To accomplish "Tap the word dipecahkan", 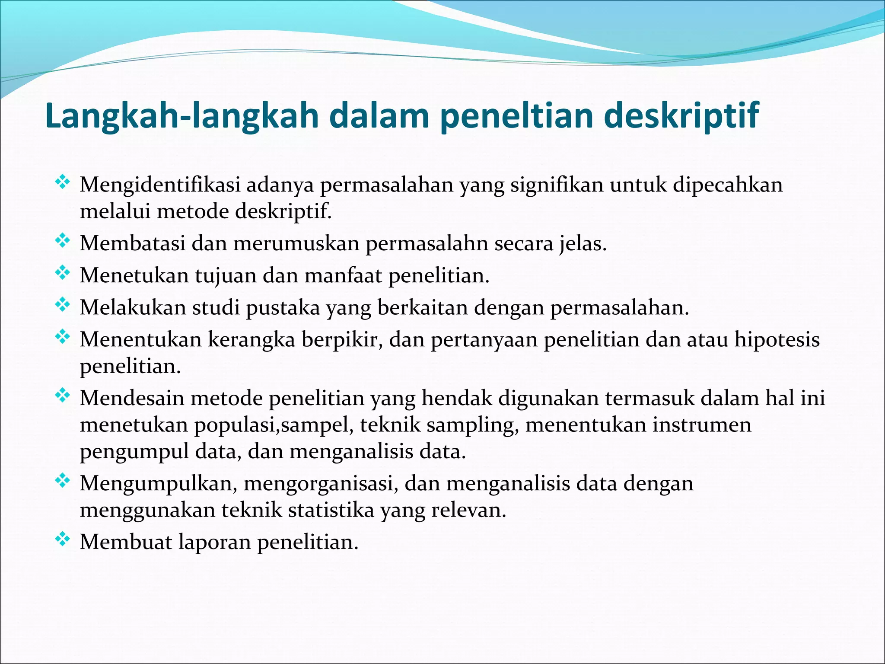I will (x=728, y=185).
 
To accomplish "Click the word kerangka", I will (x=251, y=340).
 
